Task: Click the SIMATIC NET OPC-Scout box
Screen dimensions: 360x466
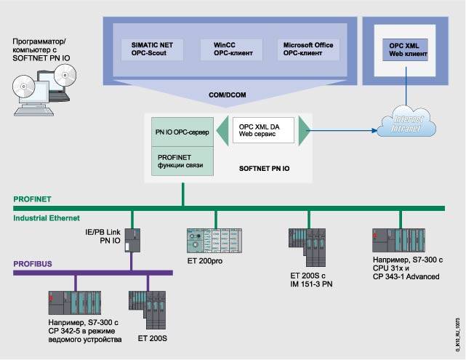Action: click(x=153, y=49)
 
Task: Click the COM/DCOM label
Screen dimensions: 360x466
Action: click(x=225, y=95)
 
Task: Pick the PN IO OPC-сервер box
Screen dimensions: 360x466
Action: click(x=182, y=133)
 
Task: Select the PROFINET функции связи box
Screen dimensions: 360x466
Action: click(x=182, y=160)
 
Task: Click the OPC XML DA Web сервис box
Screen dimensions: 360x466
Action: click(x=260, y=132)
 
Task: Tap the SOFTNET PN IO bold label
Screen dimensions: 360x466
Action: click(x=265, y=166)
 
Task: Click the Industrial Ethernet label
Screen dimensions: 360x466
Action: click(x=47, y=217)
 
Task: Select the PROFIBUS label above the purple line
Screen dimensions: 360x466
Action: click(x=32, y=264)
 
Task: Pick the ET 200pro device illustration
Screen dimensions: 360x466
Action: click(x=214, y=239)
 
